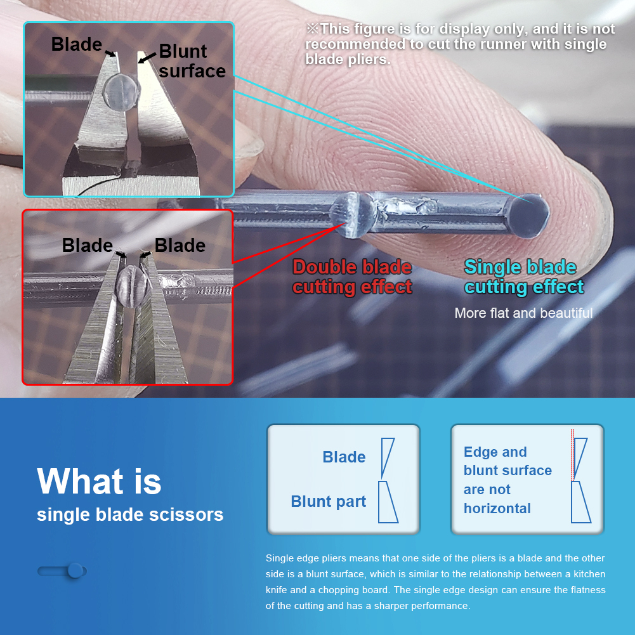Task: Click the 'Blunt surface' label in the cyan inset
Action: point(192,61)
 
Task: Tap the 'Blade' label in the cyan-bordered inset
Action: point(77,44)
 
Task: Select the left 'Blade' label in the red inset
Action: point(88,245)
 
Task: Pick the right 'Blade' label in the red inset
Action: point(180,245)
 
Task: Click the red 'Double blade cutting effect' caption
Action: point(352,277)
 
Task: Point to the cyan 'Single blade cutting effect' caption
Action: point(524,277)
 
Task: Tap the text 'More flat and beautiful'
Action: point(523,313)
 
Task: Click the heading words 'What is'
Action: point(99,481)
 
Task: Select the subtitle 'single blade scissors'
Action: point(130,514)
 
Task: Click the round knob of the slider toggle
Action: point(75,571)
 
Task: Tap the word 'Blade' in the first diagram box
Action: point(344,457)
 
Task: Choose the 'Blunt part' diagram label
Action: point(329,501)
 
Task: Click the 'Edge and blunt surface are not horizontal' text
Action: point(508,480)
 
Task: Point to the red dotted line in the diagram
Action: point(572,455)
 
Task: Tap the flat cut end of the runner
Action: point(528,215)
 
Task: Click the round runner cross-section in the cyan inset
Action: point(122,91)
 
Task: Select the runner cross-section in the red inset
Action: point(131,286)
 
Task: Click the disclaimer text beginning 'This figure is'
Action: point(460,44)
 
